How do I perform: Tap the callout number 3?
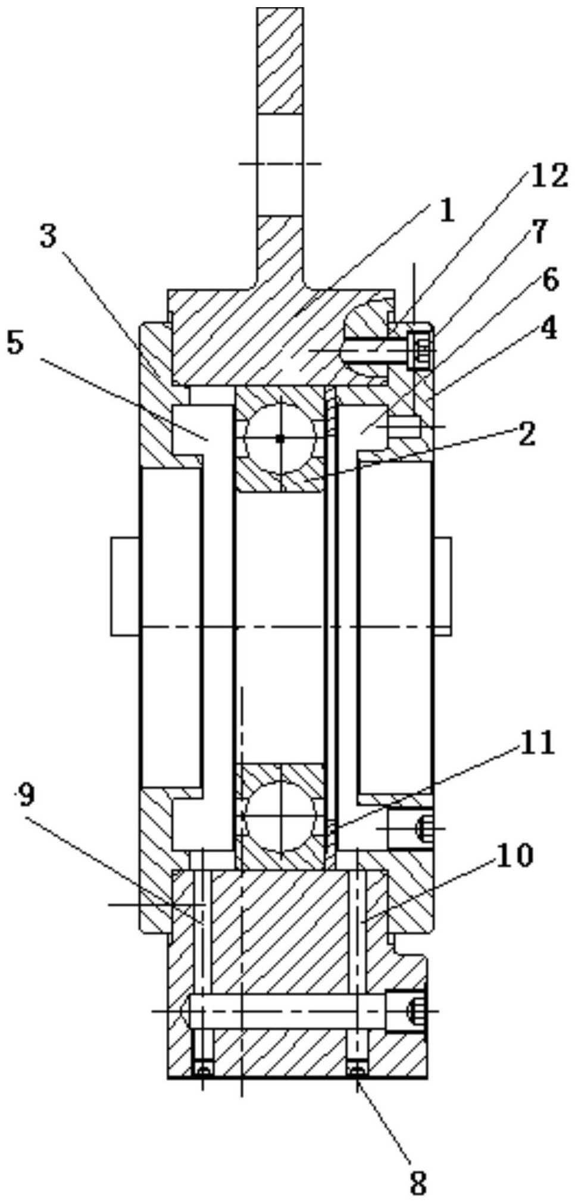[x=48, y=237]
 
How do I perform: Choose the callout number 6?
[x=551, y=280]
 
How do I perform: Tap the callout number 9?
[x=24, y=795]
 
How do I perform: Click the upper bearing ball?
[x=280, y=439]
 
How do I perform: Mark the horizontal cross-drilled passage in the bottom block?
[x=286, y=1011]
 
